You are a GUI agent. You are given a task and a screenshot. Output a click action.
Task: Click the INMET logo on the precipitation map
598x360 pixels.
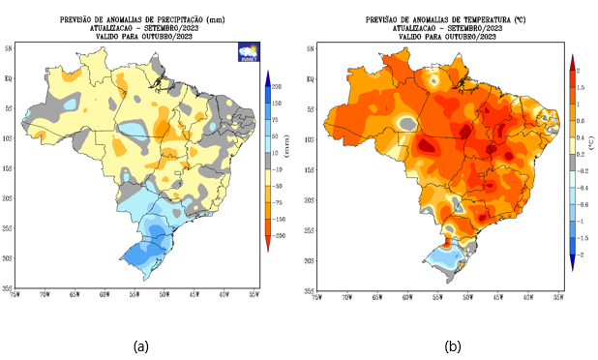[x=249, y=54]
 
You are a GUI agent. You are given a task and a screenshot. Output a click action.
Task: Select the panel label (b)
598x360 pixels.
[x=452, y=345]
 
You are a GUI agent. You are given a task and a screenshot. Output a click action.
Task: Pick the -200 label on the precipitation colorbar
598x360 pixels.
[x=278, y=235]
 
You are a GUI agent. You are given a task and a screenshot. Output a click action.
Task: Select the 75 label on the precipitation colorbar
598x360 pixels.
[x=275, y=122]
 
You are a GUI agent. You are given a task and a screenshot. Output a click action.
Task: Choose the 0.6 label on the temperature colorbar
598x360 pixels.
[x=578, y=121]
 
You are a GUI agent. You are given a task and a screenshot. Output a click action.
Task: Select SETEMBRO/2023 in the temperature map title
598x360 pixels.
[x=471, y=26]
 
